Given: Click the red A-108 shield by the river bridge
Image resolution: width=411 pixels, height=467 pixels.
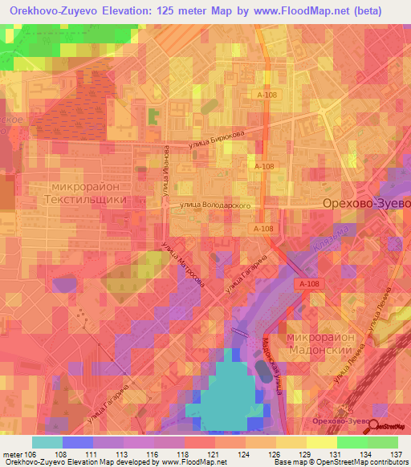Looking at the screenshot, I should pos(307,284).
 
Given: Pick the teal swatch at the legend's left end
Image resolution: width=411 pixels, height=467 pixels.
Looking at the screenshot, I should pos(47,441).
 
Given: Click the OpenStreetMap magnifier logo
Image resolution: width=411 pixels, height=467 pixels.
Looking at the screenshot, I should pos(375,427).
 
